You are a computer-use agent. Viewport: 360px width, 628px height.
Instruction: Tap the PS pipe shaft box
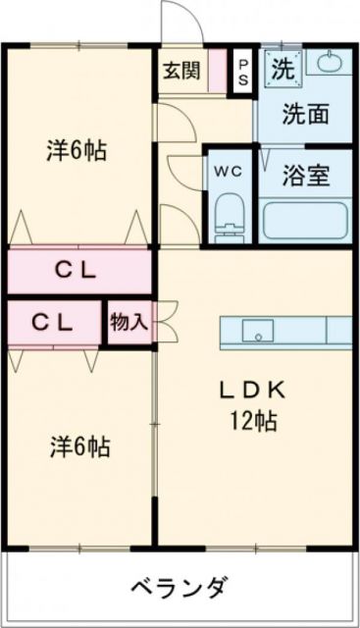[x=241, y=71]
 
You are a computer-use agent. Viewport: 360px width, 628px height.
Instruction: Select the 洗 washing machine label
[x=282, y=70]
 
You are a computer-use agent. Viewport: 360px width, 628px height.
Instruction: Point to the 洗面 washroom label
[x=304, y=113]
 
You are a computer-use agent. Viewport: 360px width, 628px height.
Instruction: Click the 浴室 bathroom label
[x=305, y=177]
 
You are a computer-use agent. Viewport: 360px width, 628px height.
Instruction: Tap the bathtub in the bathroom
[x=304, y=219]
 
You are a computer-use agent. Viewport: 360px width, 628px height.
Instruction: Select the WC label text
[x=229, y=168]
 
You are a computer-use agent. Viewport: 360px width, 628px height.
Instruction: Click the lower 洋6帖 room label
[x=79, y=447]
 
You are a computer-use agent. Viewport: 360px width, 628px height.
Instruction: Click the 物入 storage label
[x=128, y=322]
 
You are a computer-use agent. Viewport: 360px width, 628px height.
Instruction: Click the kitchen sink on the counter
[x=258, y=331]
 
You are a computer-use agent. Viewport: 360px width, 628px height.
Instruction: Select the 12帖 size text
[x=252, y=422]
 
